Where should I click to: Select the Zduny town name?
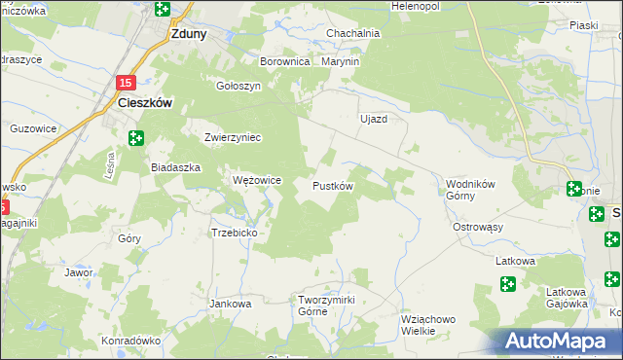[x=187, y=32]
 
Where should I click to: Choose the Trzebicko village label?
[x=234, y=233]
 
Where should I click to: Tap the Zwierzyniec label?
[x=233, y=137]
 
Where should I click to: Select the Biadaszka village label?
[x=175, y=167]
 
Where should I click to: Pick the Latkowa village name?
[x=516, y=261]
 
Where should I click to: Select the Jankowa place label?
[x=231, y=304]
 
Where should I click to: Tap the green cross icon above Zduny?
[x=162, y=10]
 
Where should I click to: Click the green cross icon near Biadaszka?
[x=136, y=139]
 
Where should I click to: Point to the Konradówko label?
[x=129, y=342]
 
